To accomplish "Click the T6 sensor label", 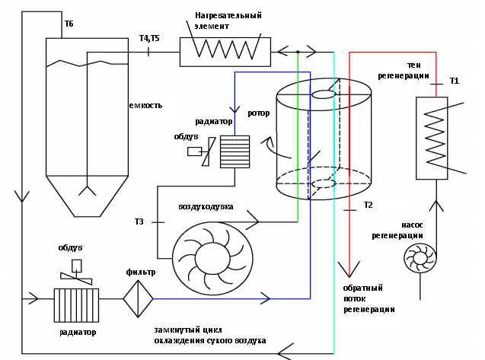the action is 69,24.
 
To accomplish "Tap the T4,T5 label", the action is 149,38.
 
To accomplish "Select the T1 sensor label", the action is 454,81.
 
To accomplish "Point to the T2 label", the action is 368,205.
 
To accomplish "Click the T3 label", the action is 139,221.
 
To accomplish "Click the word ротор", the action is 259,113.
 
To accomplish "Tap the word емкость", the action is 145,106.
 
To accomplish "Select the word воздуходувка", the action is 206,206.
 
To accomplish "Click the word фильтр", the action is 140,272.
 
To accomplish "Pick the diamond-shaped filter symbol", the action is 138,299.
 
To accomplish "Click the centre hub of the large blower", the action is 213,259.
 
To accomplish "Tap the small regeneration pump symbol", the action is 420,258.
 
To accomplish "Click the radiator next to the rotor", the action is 235,151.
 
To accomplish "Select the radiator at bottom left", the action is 76,305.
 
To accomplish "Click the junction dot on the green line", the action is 298,52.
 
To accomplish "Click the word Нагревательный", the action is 228,15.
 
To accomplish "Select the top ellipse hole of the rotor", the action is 324,94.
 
